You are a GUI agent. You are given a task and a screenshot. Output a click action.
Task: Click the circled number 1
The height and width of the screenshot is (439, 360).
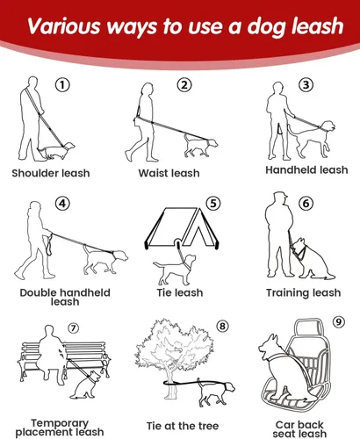coord(62,85)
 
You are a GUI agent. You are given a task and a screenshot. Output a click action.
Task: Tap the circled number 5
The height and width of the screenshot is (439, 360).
coord(213,203)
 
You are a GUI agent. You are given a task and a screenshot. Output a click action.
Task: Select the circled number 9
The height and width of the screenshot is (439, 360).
coord(338,322)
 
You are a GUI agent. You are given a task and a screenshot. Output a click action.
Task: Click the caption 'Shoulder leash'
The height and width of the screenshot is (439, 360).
coord(51,173)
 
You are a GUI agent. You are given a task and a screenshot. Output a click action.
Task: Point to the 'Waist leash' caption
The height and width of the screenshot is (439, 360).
coord(169,173)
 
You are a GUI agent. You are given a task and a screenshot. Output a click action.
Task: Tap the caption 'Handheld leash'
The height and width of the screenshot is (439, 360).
coord(306,169)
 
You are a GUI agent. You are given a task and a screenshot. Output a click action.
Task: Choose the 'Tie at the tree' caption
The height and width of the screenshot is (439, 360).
coord(183,426)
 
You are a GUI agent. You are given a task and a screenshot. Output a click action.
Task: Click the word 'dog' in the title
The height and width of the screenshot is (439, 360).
coord(265,27)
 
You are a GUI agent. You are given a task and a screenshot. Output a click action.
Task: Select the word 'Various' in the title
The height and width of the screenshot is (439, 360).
coord(63,25)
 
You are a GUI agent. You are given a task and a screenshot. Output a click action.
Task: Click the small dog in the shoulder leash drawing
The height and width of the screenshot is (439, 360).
coord(55,151)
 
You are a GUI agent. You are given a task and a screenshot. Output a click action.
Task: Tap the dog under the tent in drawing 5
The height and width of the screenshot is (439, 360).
coord(175,270)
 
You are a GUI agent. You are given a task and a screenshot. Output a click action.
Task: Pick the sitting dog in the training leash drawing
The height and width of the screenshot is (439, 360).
coord(312,258)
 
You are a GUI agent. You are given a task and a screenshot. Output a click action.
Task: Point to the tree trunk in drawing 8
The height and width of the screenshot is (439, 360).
coord(170,383)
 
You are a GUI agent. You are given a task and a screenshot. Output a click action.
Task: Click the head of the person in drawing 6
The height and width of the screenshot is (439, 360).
coord(280,199)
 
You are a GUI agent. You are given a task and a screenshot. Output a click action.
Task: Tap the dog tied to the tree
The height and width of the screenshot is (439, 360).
coord(216,392)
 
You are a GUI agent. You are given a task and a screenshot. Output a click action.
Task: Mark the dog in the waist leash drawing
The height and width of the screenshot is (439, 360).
coord(201,146)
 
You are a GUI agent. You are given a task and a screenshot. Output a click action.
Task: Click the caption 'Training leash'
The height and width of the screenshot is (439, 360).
coord(304,292)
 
